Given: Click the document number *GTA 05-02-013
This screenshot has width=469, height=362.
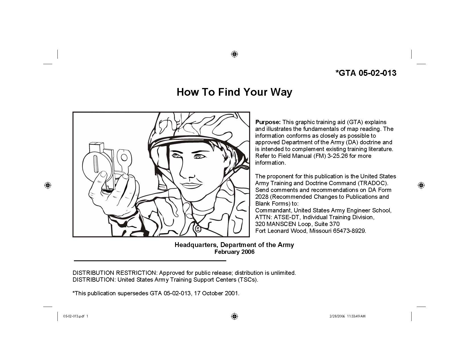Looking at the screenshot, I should [x=366, y=73].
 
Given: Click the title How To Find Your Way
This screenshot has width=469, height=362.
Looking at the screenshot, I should [x=234, y=92].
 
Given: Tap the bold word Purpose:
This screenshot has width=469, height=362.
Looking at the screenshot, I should [x=268, y=122].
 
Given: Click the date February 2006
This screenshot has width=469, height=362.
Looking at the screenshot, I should [x=234, y=252].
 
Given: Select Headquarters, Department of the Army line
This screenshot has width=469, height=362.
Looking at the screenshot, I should [x=234, y=245].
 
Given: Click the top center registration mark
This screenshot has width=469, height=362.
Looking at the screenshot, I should [x=234, y=54].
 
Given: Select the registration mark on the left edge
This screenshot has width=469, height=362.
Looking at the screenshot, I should [x=48, y=185].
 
